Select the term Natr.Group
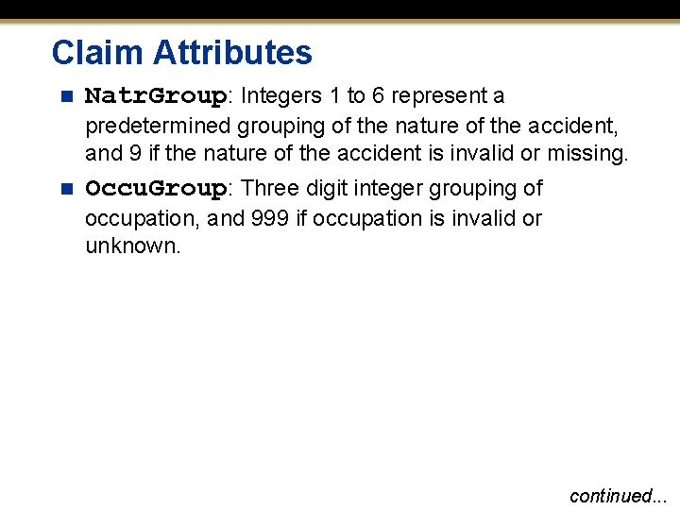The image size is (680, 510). coord(156,96)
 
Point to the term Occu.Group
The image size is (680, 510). coord(156,189)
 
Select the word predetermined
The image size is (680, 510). coord(158,125)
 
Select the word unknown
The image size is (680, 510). coord(131,247)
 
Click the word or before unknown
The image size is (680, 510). coord(532,218)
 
